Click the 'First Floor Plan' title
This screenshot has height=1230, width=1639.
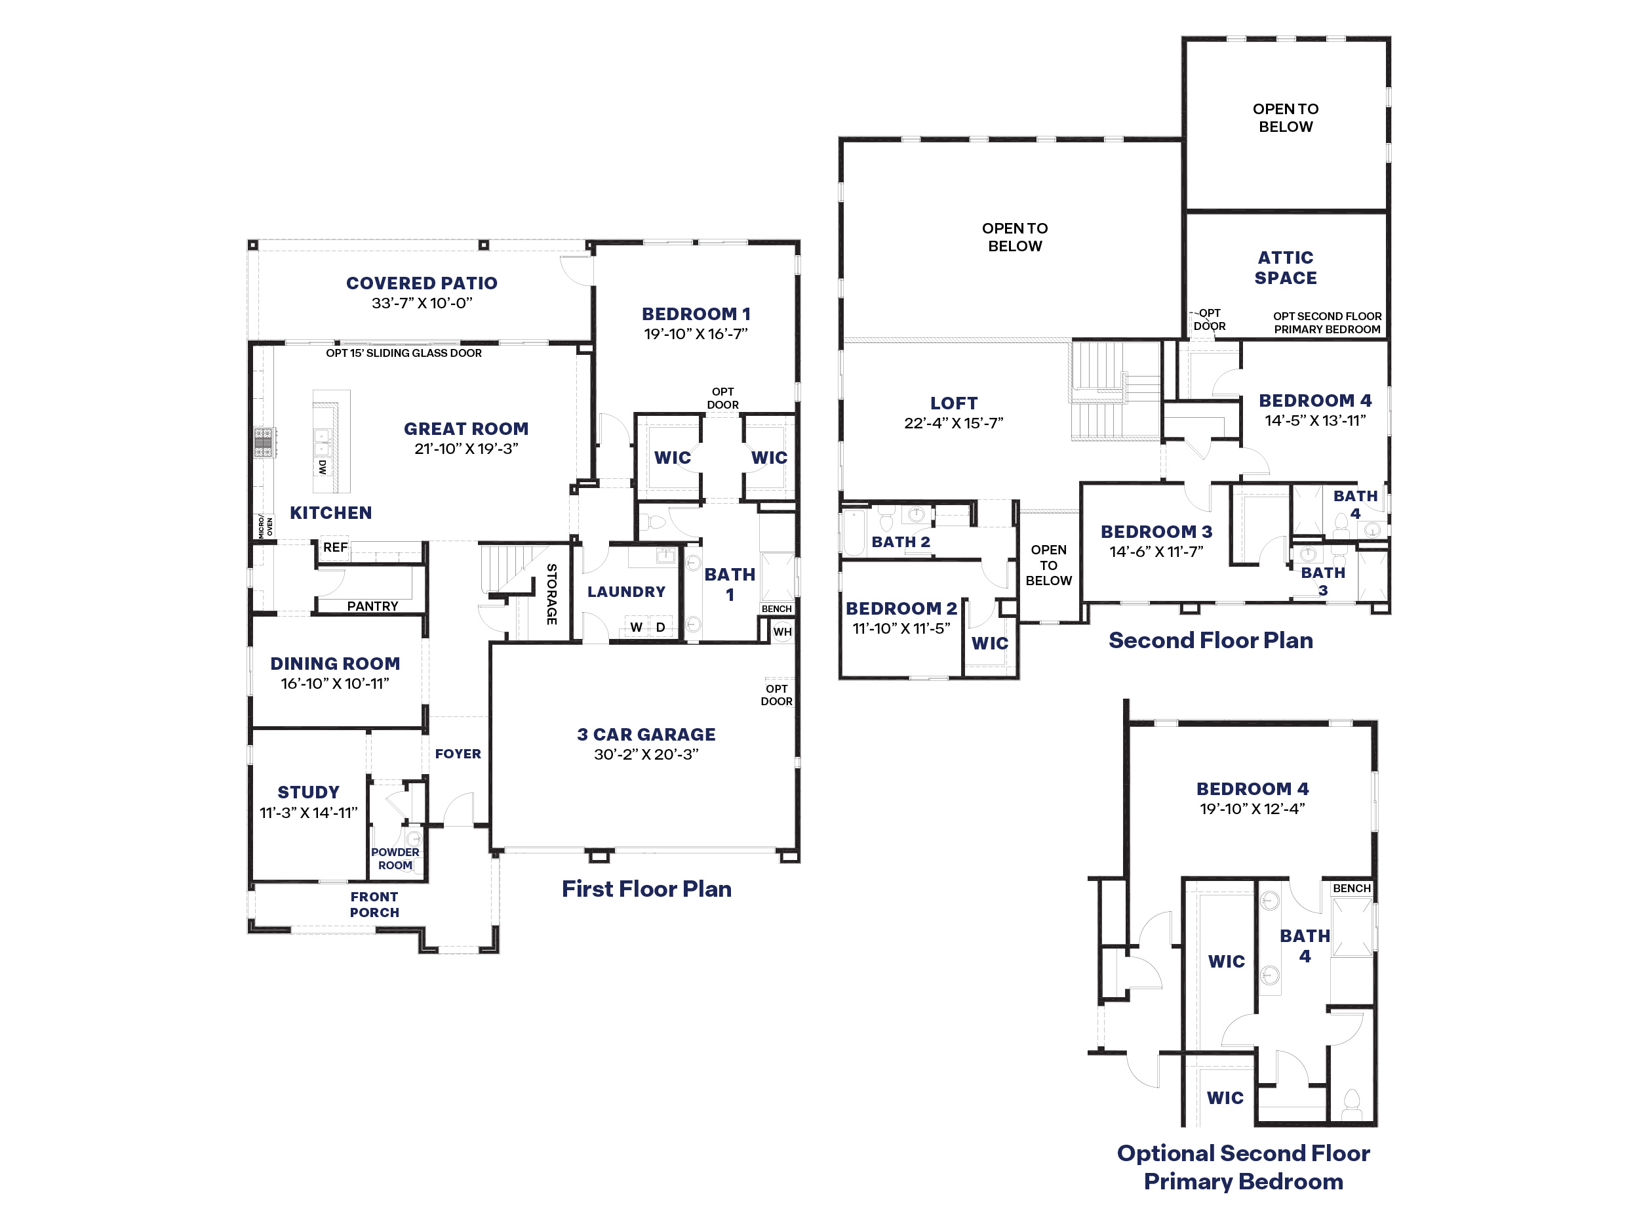pyautogui.click(x=646, y=888)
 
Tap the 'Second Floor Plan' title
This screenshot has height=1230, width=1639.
pyautogui.click(x=1211, y=640)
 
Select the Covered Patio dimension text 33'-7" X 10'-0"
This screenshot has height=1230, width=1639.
pyautogui.click(x=422, y=302)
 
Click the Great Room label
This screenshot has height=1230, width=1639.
pyautogui.click(x=466, y=428)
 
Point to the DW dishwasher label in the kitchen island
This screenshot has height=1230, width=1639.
pyautogui.click(x=323, y=467)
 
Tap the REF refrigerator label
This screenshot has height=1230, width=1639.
pyautogui.click(x=335, y=547)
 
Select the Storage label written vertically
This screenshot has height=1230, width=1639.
pyautogui.click(x=551, y=594)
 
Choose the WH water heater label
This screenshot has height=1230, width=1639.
pyautogui.click(x=782, y=632)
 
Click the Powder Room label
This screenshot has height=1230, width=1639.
pyautogui.click(x=395, y=859)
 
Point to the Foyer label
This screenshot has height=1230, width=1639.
pyautogui.click(x=458, y=753)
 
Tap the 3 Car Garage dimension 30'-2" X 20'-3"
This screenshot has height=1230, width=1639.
pyautogui.click(x=646, y=754)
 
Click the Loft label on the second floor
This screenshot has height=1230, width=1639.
pyautogui.click(x=954, y=403)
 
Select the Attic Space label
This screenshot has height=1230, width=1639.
pyautogui.click(x=1286, y=268)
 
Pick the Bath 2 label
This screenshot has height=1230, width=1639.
pyautogui.click(x=900, y=542)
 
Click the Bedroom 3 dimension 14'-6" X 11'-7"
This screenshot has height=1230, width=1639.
pyautogui.click(x=1156, y=551)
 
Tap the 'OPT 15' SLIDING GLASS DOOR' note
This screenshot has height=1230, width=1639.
pyautogui.click(x=404, y=353)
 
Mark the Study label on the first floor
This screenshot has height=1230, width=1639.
pyautogui.click(x=308, y=792)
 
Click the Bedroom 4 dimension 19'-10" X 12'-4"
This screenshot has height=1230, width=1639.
pyautogui.click(x=1252, y=808)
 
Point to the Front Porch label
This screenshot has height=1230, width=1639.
pyautogui.click(x=374, y=905)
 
